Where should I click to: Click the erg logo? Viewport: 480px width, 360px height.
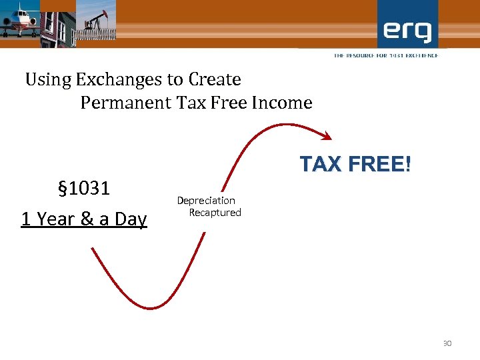click(407, 30)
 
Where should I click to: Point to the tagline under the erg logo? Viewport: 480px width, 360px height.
click(386, 55)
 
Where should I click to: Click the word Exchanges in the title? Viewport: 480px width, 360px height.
click(119, 80)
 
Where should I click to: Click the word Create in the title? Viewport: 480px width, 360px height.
click(214, 80)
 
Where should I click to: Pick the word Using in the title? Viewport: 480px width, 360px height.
click(48, 80)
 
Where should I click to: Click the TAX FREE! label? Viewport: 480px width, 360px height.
click(355, 164)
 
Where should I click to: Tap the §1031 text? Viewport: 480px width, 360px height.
click(83, 189)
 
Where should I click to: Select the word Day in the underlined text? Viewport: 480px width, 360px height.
click(131, 219)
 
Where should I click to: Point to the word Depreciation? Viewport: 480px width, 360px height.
click(206, 200)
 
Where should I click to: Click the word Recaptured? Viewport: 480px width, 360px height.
click(215, 213)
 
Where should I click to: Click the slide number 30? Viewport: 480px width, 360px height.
click(447, 343)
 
